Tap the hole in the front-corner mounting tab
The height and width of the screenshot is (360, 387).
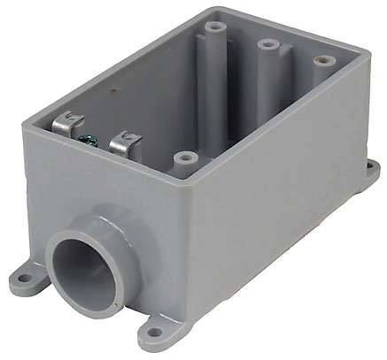(x=157, y=333)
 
